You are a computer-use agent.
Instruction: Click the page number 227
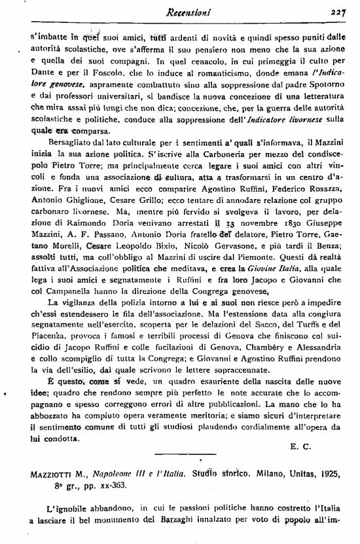(338, 11)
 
